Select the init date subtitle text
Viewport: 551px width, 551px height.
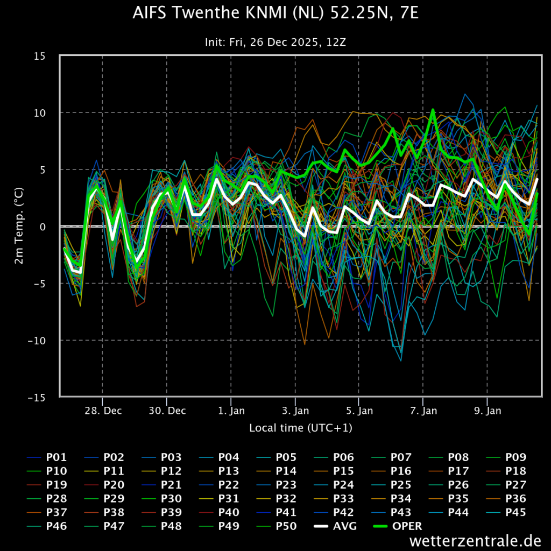275,42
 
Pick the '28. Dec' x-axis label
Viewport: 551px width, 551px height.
103,411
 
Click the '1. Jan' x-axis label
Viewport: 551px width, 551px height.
231,411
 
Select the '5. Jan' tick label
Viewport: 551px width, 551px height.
359,411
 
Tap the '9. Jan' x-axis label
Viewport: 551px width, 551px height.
487,411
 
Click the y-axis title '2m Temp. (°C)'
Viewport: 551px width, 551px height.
19,227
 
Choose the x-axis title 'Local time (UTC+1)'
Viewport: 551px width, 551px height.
300,428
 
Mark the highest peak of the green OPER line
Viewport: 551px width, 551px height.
433,110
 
